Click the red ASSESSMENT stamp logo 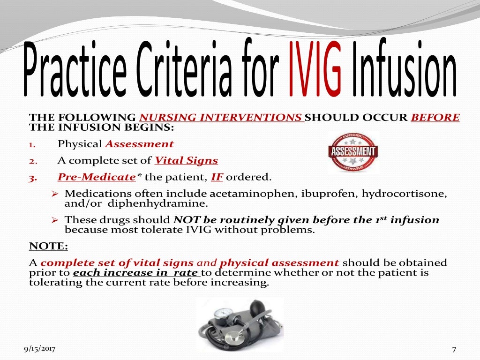352,152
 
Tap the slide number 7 454,349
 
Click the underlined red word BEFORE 435,117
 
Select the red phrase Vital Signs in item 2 186,161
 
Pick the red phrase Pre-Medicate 96,177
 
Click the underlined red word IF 217,177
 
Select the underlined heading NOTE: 48,246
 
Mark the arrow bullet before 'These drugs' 54,219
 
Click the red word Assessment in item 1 139,144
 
